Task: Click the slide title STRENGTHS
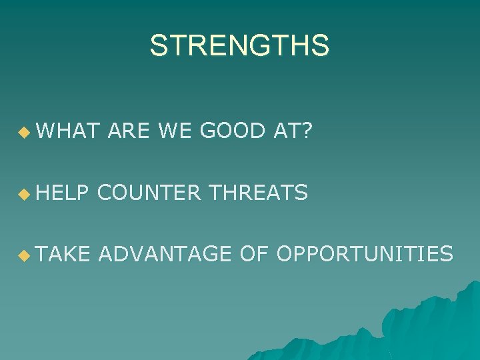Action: click(x=239, y=46)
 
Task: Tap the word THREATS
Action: click(x=258, y=193)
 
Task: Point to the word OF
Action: click(x=252, y=253)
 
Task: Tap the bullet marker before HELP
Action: click(x=25, y=195)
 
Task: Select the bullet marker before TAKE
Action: click(x=25, y=255)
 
